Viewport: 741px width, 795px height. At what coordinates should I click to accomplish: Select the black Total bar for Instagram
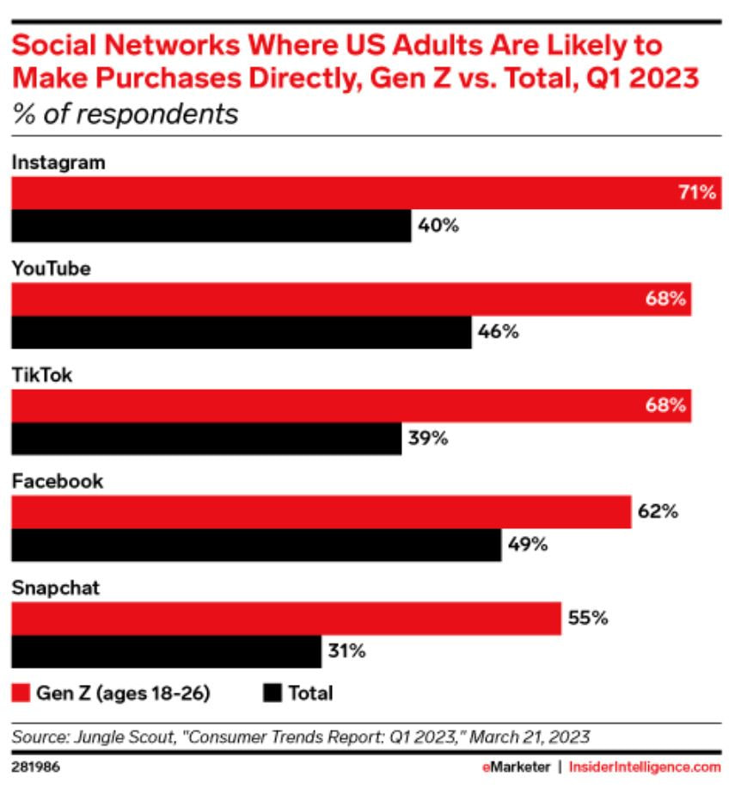(x=211, y=226)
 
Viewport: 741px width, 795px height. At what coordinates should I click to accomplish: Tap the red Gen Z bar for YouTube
(x=351, y=299)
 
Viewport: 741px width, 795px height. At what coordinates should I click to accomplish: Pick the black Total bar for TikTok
(x=205, y=438)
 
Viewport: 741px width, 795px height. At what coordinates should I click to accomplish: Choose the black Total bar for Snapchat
(x=166, y=650)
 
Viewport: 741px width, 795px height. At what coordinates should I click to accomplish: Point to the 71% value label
(x=696, y=193)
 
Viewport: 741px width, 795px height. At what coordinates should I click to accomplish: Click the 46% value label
(x=499, y=332)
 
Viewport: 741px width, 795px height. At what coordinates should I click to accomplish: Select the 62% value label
(x=658, y=511)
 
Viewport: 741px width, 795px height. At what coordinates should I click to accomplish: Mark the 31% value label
(x=346, y=650)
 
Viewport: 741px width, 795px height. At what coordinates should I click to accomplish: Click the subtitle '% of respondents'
(x=124, y=114)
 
